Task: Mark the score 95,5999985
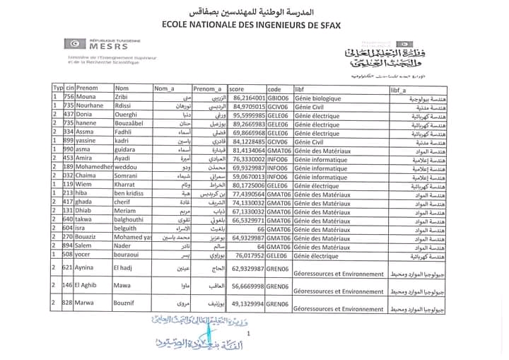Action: (248, 115)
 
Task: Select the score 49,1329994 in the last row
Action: (248, 303)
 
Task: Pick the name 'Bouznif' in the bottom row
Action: (127, 303)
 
